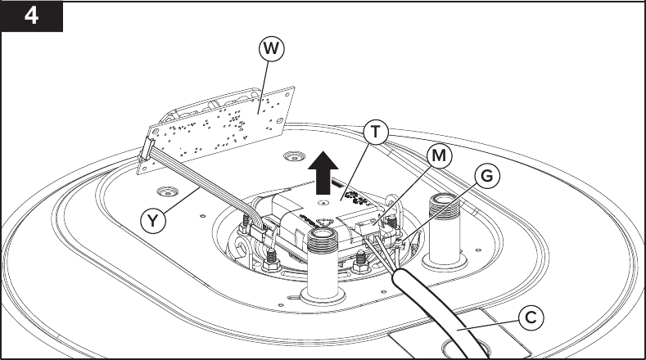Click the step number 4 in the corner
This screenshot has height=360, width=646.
pos(31,16)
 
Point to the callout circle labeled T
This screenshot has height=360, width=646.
pos(376,132)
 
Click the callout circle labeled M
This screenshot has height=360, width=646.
pos(440,155)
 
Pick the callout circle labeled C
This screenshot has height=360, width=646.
pos(531,317)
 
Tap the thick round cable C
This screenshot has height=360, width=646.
pos(442,315)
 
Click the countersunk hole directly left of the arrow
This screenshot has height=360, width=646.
pos(291,155)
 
